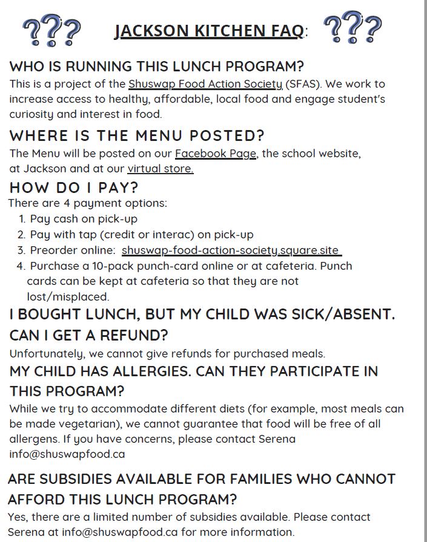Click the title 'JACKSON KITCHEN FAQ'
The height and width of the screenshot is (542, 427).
tap(208, 30)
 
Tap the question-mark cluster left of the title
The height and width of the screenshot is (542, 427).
tap(51, 30)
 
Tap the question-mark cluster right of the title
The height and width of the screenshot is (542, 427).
tap(353, 28)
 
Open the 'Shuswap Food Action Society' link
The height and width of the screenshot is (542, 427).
tap(205, 84)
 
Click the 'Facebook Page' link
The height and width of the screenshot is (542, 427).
tap(216, 154)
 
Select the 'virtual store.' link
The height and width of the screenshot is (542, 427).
tap(161, 169)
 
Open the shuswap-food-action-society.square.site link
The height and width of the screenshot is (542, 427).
tap(231, 250)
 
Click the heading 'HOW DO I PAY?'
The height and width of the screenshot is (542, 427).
tap(74, 188)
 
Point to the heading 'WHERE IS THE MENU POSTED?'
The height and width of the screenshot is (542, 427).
tap(137, 135)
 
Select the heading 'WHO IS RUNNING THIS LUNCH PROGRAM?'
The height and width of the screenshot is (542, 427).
tap(156, 66)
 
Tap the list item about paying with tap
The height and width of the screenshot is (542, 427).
tap(142, 234)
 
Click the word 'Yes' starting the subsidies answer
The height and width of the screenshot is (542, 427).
tap(18, 517)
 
